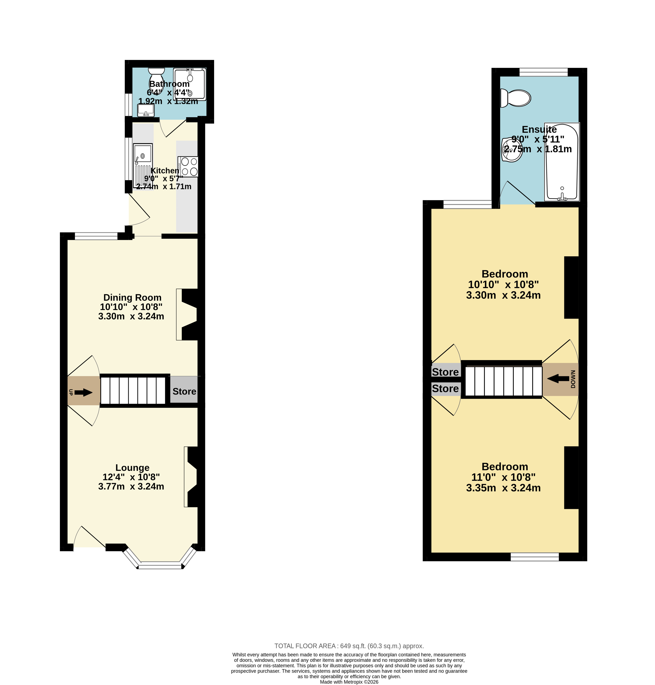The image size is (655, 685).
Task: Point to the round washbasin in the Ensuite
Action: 512,150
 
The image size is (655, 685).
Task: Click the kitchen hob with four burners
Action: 188,167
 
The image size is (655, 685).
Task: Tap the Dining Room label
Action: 132,298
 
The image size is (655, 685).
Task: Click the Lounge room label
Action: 132,468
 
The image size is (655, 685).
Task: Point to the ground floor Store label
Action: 184,392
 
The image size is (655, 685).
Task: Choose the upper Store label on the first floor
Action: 445,372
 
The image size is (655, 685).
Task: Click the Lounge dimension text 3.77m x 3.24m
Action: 131,487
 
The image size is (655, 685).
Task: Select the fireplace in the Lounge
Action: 191,477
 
